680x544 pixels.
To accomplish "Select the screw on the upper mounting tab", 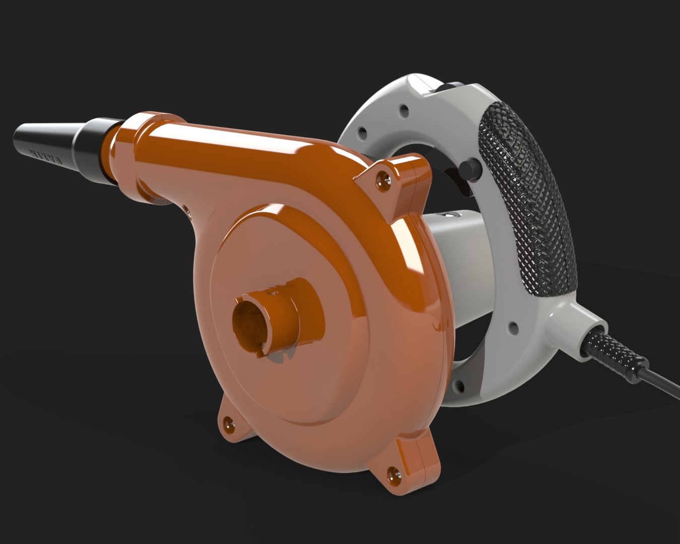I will tap(386, 177).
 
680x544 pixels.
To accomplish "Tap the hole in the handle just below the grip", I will tap(513, 328).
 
